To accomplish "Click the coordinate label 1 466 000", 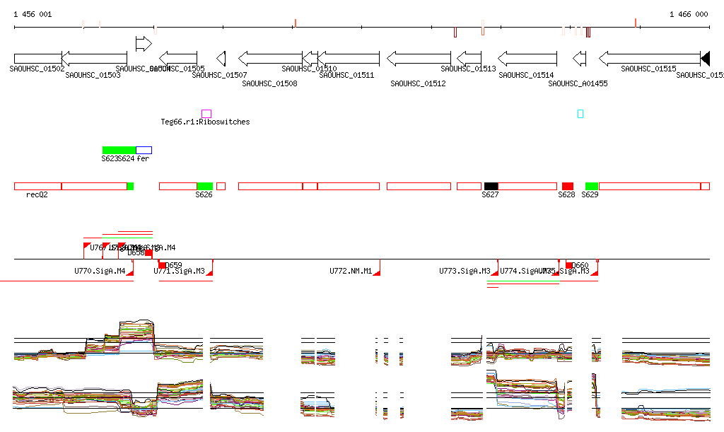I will click(x=688, y=14).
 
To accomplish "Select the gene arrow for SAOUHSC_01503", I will click(x=94, y=58).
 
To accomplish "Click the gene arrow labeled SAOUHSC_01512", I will click(x=419, y=58).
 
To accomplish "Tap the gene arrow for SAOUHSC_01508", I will click(x=270, y=58).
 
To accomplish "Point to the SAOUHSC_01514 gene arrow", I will click(x=527, y=58).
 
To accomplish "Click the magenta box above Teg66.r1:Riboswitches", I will click(x=206, y=114).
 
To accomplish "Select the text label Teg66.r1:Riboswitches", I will click(x=205, y=122).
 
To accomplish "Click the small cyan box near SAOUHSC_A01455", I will click(x=580, y=114).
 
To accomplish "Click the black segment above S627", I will click(x=491, y=186).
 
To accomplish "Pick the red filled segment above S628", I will click(x=567, y=186).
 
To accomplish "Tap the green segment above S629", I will click(x=591, y=186).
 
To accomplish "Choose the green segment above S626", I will click(x=205, y=186).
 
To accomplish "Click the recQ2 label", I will click(x=37, y=194).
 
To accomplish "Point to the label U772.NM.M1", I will click(x=351, y=271).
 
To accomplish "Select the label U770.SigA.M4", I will click(x=100, y=271).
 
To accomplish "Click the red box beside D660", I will click(x=569, y=265).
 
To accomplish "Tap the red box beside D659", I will click(x=162, y=265).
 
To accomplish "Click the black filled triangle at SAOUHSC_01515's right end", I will click(x=705, y=58).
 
